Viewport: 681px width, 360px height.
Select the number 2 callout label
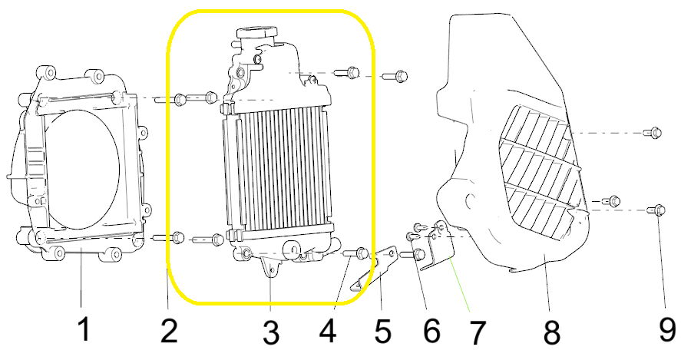pyautogui.click(x=168, y=331)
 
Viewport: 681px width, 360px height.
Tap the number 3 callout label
pyautogui.click(x=270, y=333)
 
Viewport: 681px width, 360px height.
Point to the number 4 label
pyautogui.click(x=327, y=331)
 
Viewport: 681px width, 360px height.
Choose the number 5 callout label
pyautogui.click(x=382, y=332)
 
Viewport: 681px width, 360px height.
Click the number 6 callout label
pyautogui.click(x=431, y=331)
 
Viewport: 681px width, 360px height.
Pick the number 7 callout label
pyautogui.click(x=477, y=332)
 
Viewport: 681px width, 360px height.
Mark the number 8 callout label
pyautogui.click(x=552, y=332)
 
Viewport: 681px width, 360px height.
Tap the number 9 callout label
pyautogui.click(x=666, y=329)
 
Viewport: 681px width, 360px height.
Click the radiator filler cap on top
pyautogui.click(x=256, y=35)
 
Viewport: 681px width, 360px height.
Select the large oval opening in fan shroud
pyautogui.click(x=81, y=170)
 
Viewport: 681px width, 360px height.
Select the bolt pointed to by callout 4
pyautogui.click(x=356, y=253)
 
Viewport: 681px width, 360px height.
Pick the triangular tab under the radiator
pyautogui.click(x=270, y=266)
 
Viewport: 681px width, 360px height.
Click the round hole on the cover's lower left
pyautogui.click(x=468, y=200)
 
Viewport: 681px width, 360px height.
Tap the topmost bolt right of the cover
pyautogui.click(x=653, y=132)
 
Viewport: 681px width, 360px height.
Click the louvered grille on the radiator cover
pyautogui.click(x=541, y=173)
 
